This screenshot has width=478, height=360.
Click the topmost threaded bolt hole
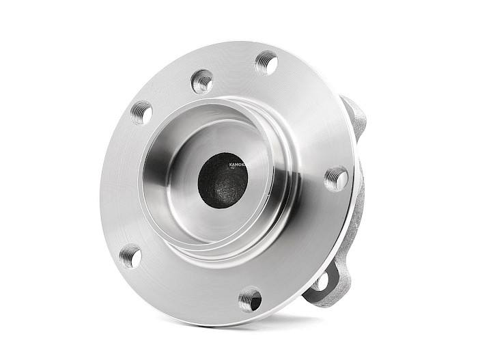pyautogui.click(x=266, y=64)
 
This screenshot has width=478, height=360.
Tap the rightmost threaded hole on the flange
pyautogui.click(x=336, y=179)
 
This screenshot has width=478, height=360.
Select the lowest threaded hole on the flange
pyautogui.click(x=250, y=299)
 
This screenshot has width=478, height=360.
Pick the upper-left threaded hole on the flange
pyautogui.click(x=141, y=112)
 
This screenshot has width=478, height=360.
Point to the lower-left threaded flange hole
pyautogui.click(x=130, y=257)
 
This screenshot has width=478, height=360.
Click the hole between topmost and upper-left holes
pyautogui.click(x=202, y=81)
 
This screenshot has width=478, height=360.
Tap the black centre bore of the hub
pyautogui.click(x=223, y=180)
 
